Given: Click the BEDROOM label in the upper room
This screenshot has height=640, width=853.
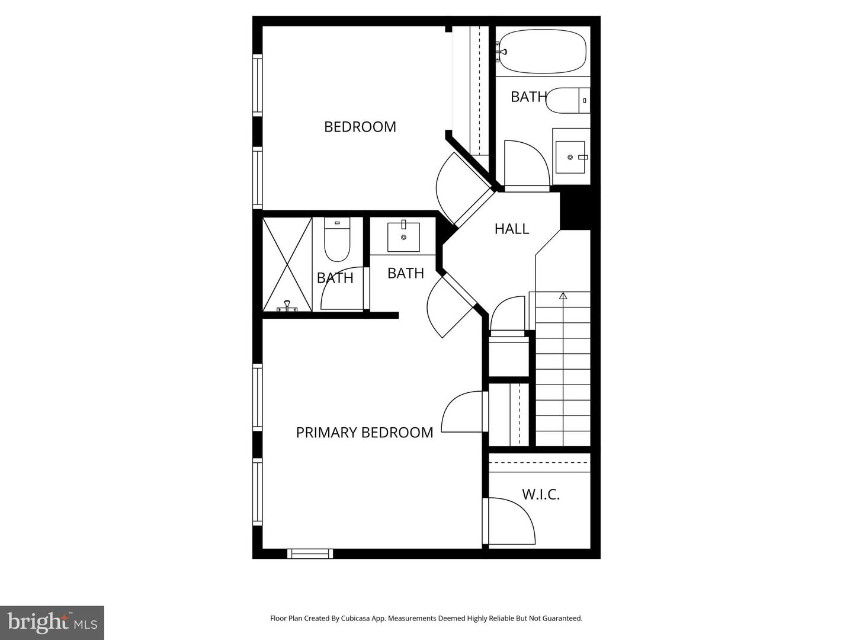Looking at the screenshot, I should (360, 127).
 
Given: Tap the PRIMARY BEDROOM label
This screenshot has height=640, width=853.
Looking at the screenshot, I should (364, 433).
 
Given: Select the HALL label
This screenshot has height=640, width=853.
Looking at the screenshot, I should (511, 229).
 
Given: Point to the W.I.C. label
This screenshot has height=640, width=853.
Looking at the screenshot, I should (540, 494).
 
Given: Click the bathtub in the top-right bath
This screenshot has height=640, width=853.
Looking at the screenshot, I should (542, 52).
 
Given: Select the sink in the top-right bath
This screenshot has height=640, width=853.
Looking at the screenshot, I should (570, 157).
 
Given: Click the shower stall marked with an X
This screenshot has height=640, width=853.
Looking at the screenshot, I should (287, 264).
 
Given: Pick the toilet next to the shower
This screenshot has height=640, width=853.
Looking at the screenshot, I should (338, 240).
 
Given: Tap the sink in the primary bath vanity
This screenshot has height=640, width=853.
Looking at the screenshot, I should (403, 237).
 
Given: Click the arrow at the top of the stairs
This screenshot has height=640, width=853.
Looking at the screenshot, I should (563, 295).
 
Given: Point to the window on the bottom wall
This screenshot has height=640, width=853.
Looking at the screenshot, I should (310, 553).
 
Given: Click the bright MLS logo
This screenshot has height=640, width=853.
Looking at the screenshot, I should (52, 622).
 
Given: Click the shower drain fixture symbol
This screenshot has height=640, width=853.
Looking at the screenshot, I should (287, 306).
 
